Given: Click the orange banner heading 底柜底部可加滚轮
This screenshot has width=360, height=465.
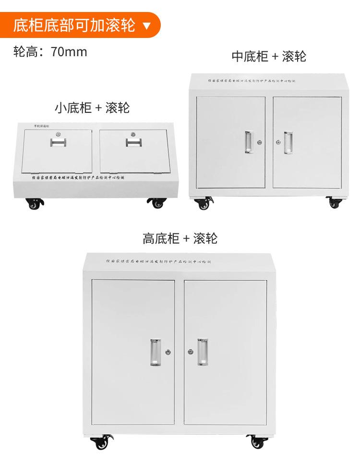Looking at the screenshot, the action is coord(74,25).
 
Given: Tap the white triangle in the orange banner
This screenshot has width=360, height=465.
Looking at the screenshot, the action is coord(147,25).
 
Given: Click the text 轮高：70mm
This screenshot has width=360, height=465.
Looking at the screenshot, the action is coord(50,52).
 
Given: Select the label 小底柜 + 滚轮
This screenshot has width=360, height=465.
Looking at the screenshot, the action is coord(92,107).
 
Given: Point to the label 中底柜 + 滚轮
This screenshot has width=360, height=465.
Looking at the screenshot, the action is coord(269,56).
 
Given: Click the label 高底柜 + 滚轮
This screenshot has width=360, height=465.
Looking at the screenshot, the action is coord(180,238).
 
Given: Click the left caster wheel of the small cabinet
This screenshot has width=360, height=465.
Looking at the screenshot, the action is coord(34,204).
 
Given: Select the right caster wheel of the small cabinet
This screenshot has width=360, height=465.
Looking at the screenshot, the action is coord(157,203).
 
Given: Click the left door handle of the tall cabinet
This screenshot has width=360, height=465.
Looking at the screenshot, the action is coord(155,352).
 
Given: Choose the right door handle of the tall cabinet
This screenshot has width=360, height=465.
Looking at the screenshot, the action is coord(203,352).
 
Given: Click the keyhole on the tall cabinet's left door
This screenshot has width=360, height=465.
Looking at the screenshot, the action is coord(168,352).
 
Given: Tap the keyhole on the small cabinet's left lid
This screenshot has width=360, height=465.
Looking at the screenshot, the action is coord(57,134).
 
